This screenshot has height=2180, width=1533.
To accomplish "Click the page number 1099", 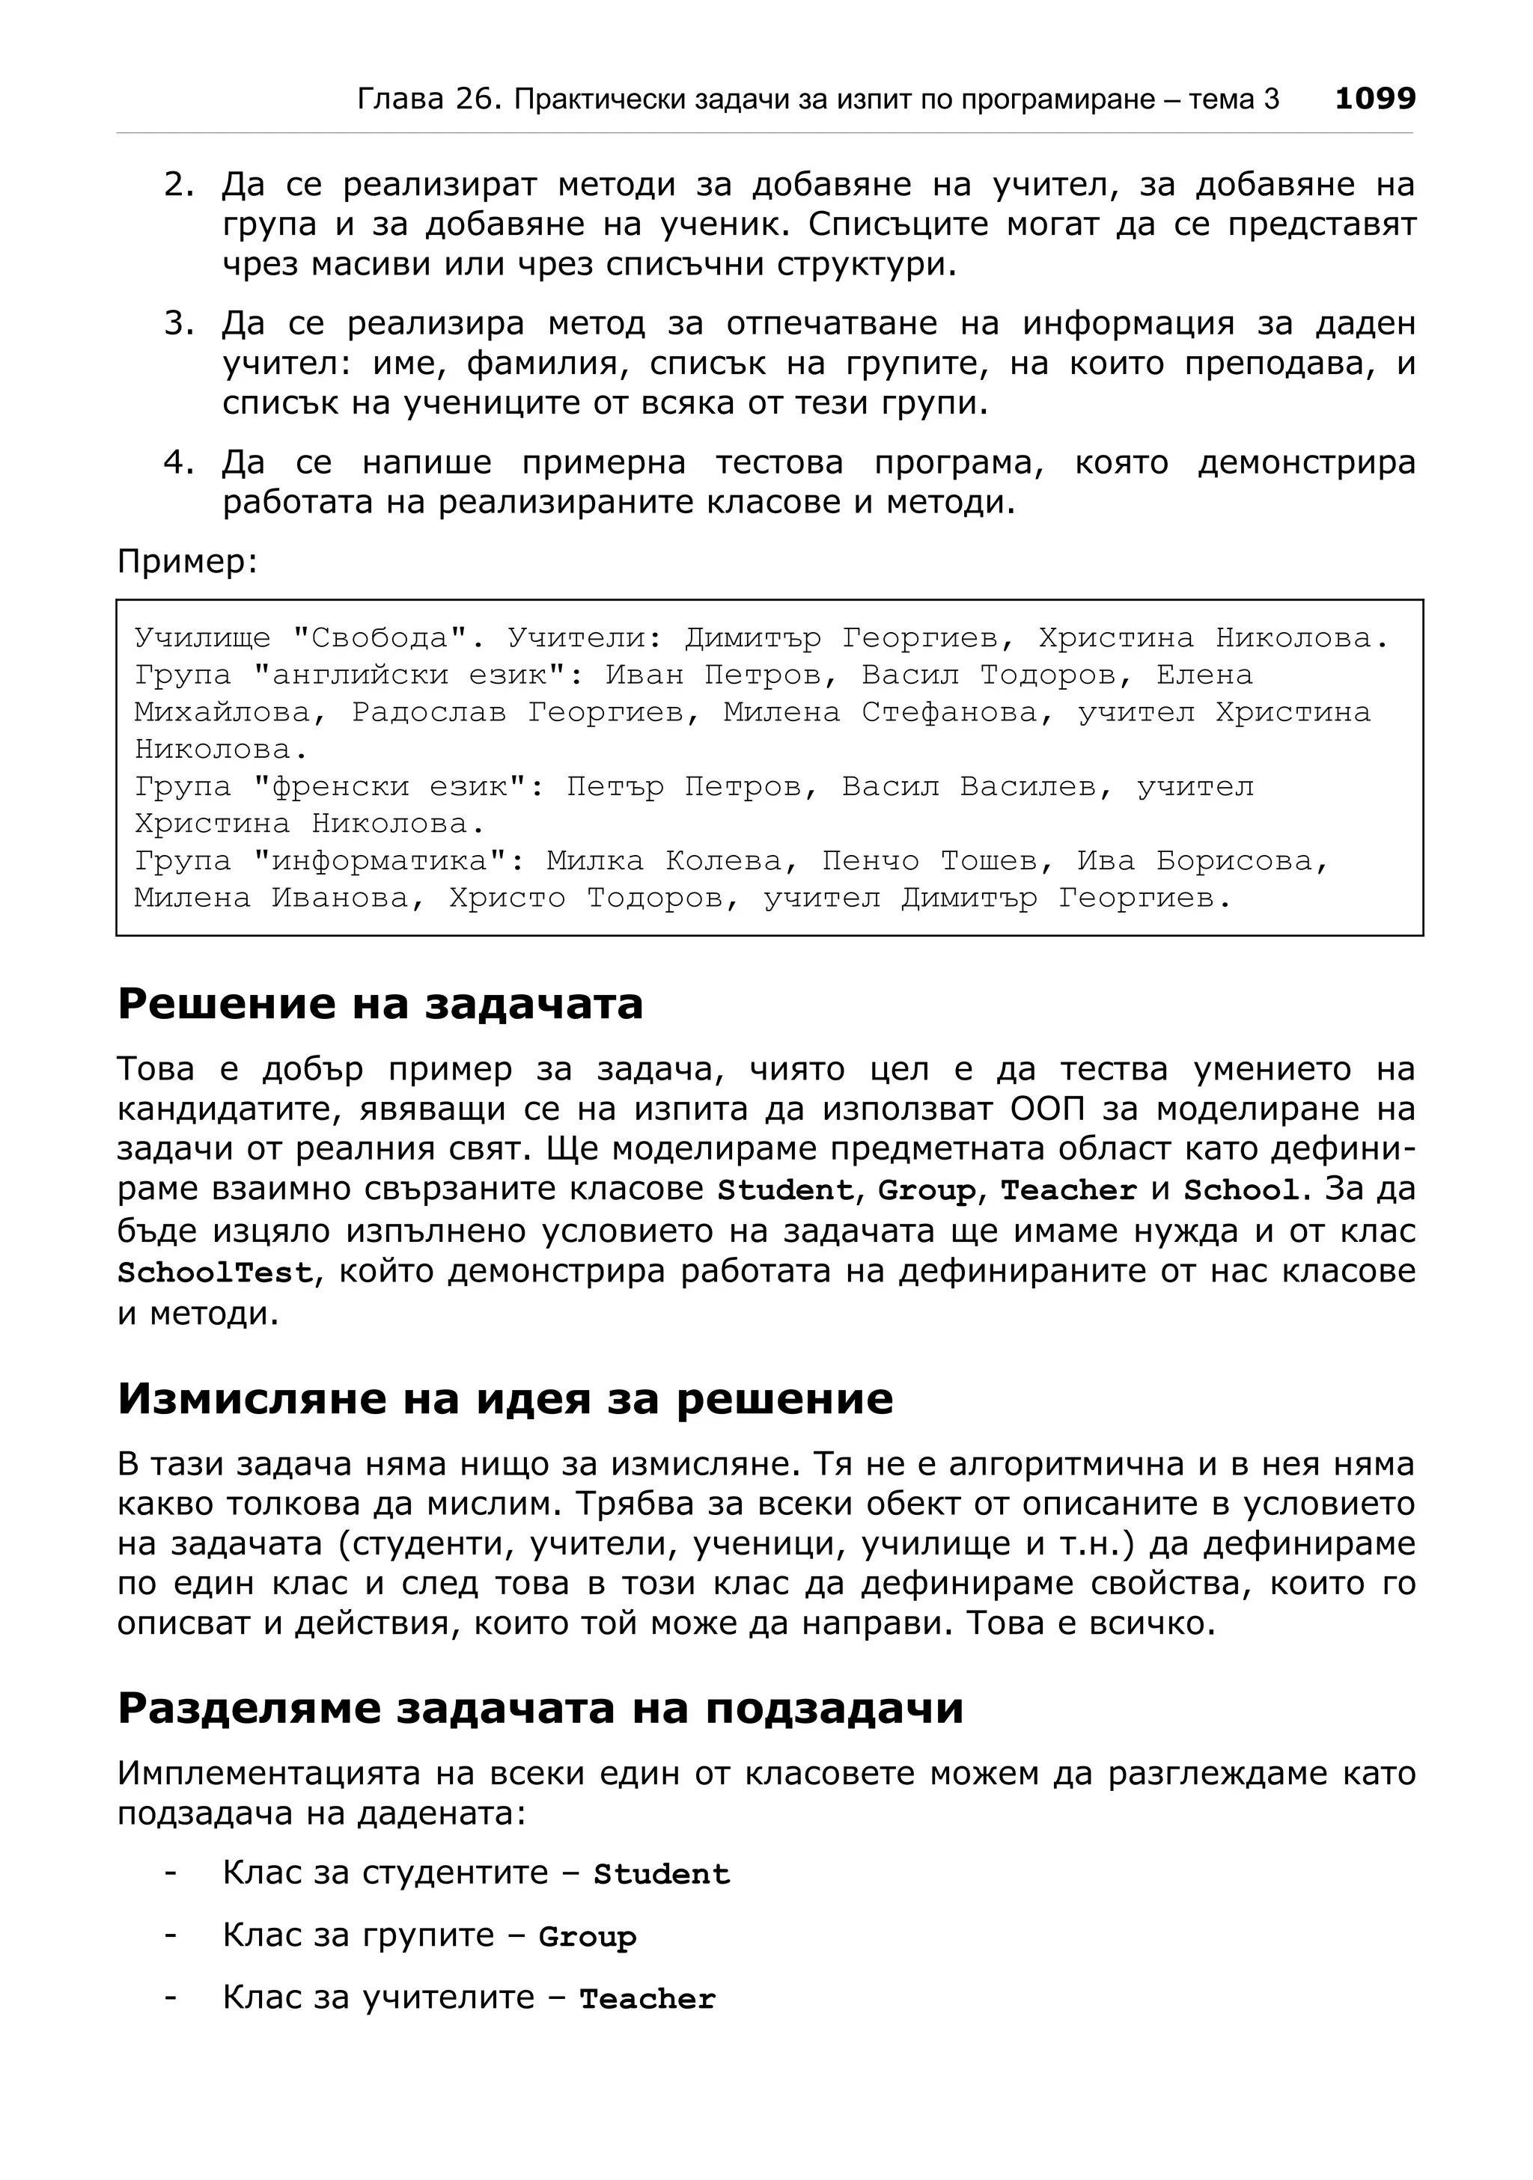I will coord(1374,98).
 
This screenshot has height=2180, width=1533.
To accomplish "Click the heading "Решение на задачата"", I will coord(380,1004).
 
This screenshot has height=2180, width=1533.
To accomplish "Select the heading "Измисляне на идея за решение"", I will coord(505,1398).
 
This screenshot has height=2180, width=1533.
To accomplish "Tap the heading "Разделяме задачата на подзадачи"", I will coord(540,1707).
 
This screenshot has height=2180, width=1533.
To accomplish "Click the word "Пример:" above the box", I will coord(187,561).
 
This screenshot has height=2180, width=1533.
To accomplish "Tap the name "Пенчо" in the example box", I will coord(870,861).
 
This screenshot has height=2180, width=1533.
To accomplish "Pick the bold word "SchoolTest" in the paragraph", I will coord(215,1273).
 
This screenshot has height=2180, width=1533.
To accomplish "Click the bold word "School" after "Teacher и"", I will coord(1240,1191).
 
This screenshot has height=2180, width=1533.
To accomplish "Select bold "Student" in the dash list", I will coord(661,1874).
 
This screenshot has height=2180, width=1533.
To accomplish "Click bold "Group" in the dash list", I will coord(587,1937).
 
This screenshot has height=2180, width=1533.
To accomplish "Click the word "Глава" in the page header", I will coord(399,99).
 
